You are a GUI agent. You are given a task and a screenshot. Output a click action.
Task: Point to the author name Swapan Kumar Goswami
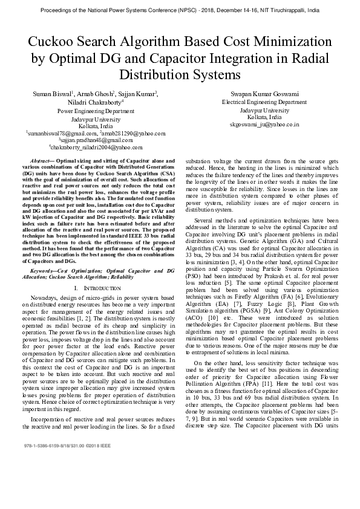(264, 94)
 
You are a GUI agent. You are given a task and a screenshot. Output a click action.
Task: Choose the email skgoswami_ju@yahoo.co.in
(264, 124)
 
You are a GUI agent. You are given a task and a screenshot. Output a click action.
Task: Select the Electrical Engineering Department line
(264, 103)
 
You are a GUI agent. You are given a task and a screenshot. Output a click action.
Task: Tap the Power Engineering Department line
(96, 111)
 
